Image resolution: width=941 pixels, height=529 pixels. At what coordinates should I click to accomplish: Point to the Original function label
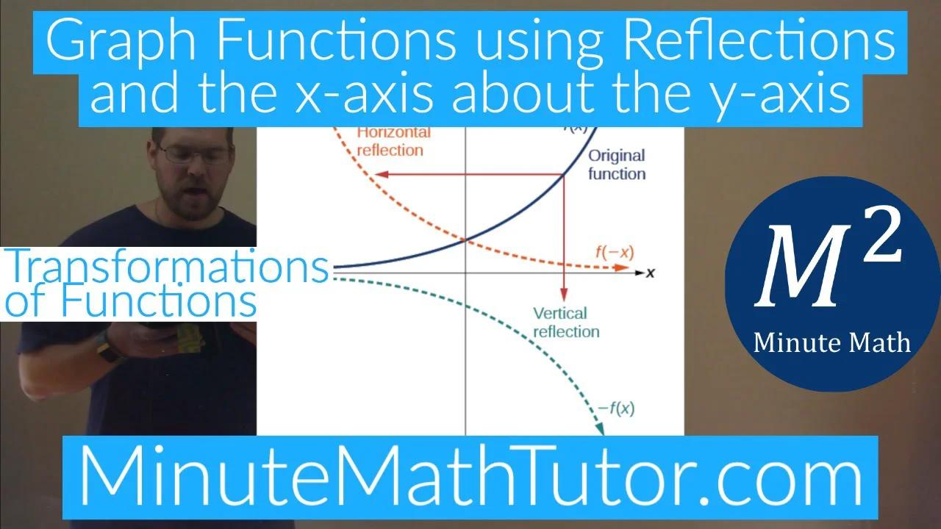[616, 165]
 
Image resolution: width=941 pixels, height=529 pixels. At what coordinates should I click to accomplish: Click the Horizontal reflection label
[390, 141]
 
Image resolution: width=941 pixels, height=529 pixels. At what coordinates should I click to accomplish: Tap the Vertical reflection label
[565, 323]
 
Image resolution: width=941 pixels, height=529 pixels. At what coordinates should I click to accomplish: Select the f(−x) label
[614, 253]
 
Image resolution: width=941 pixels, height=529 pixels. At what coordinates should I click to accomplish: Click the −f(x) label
[615, 409]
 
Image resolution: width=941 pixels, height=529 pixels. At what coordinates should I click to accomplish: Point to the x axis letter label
[650, 273]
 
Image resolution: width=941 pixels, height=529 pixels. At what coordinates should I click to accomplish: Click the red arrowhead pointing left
[376, 174]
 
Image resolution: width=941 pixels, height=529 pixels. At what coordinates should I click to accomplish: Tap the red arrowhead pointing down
[563, 290]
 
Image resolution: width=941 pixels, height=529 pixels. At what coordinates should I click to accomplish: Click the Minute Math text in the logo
[831, 342]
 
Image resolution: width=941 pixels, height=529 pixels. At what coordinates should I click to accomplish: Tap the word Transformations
[168, 267]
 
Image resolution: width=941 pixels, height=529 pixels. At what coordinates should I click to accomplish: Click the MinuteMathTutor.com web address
[470, 476]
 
